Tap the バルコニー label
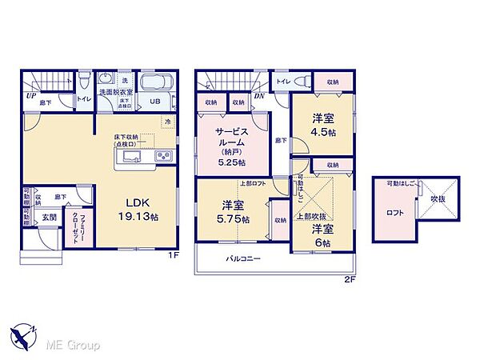tap(241, 259)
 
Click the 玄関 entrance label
tap(49, 218)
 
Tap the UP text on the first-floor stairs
tap(30, 94)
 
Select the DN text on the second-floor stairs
tap(260, 95)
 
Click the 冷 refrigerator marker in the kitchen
tap(168, 121)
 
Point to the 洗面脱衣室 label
tap(116, 94)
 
